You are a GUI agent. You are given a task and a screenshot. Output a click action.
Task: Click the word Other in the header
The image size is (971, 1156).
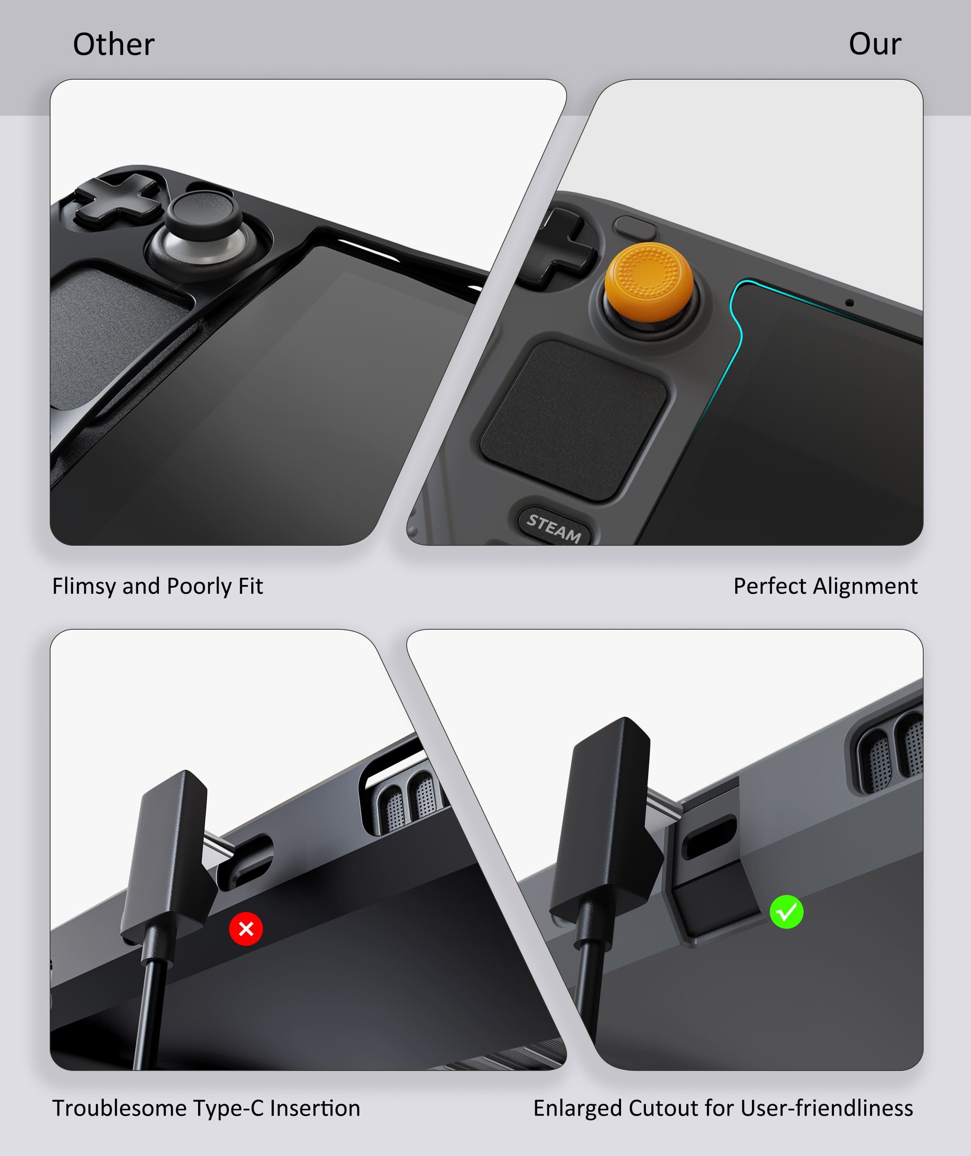coord(113,44)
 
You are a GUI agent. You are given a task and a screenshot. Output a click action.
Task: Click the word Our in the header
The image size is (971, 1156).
coord(875,44)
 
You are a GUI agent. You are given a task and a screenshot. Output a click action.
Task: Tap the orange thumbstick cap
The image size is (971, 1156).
coord(649,282)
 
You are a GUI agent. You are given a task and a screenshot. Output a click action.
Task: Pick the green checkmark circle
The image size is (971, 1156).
coord(786,912)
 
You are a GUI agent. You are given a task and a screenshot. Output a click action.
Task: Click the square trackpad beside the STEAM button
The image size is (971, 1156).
coord(574,421)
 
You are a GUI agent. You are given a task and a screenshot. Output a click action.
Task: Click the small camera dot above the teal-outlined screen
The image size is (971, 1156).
coord(849,303)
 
